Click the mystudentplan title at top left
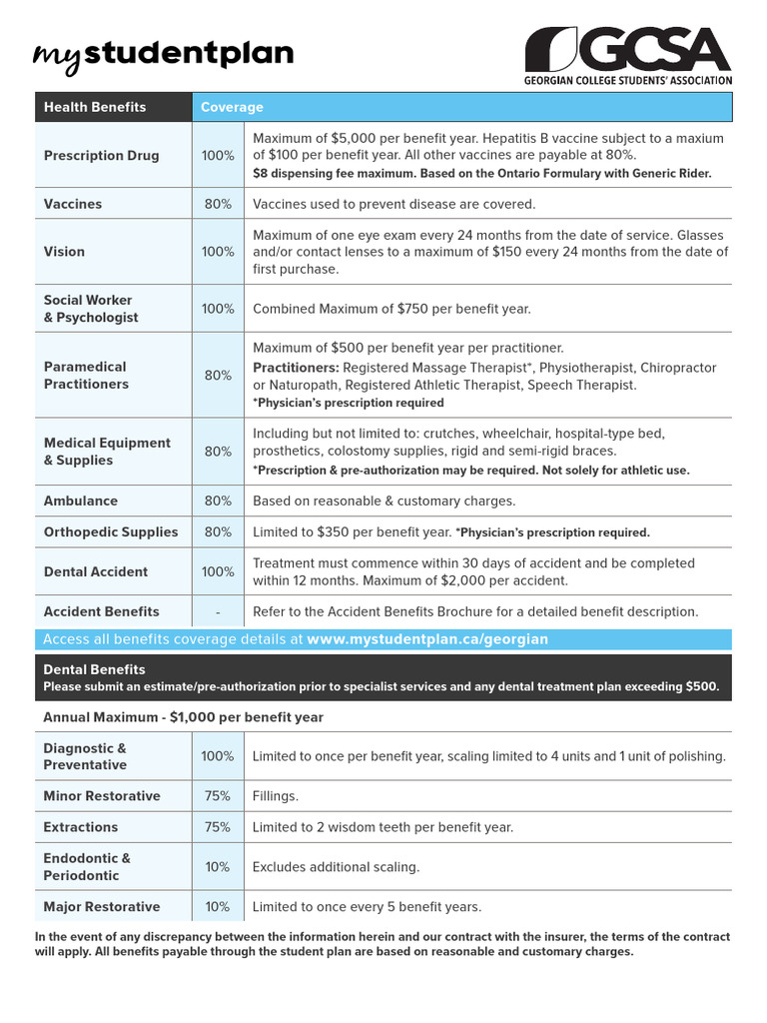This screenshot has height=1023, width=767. click(164, 54)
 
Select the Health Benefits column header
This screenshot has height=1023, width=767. click(95, 107)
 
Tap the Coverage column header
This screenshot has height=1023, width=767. click(232, 107)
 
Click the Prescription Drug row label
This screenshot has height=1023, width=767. click(101, 156)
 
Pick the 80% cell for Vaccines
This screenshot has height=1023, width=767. click(218, 204)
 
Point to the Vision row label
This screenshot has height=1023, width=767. click(64, 252)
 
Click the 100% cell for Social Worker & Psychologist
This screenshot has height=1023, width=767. click(218, 309)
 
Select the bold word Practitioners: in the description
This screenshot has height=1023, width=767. click(296, 368)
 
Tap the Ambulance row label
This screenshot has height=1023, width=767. click(80, 501)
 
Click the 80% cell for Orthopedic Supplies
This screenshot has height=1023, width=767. click(218, 532)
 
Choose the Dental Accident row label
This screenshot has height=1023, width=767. click(95, 571)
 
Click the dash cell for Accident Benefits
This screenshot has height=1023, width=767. click(218, 611)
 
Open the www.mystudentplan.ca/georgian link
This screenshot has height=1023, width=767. click(427, 639)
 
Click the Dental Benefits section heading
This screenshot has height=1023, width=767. click(94, 669)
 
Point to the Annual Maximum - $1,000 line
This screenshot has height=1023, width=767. click(183, 717)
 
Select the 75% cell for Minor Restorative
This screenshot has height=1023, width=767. click(218, 796)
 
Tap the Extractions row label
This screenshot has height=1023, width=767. click(80, 827)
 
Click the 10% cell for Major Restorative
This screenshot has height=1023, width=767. click(218, 907)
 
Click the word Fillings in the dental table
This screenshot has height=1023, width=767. click(276, 796)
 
